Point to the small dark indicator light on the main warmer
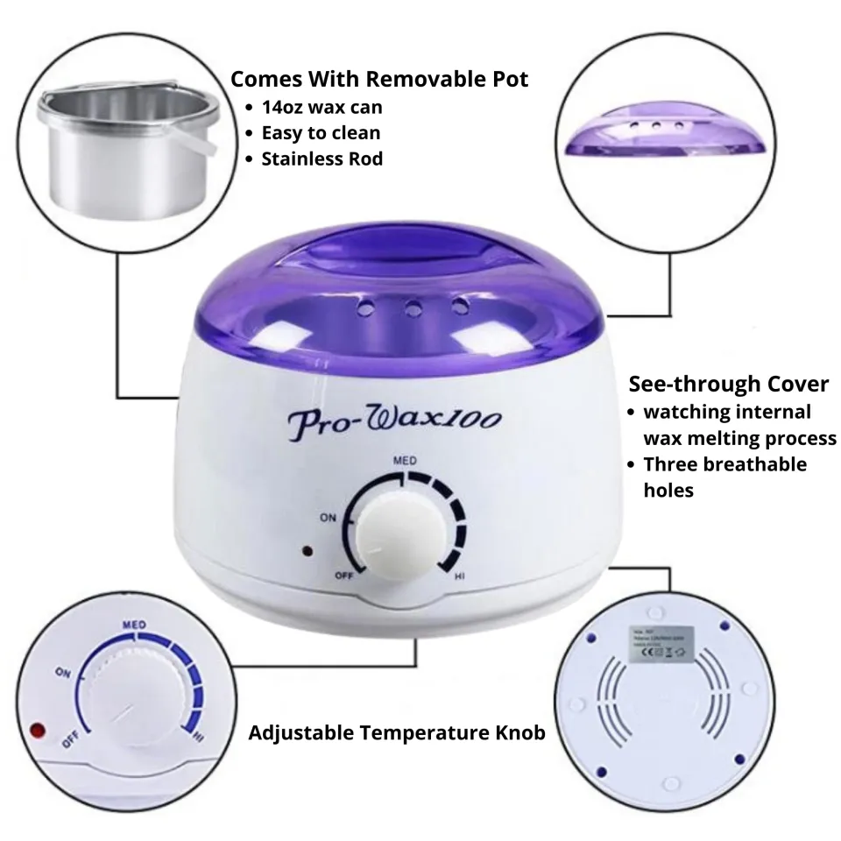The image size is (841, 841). tap(307, 552)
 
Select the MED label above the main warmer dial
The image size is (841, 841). tap(404, 460)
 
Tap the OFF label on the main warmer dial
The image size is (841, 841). tap(343, 576)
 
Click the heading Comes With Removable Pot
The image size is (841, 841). tap(378, 80)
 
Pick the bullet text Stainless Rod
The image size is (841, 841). tap(322, 159)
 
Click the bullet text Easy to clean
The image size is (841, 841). tap(320, 133)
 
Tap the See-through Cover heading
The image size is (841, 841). tap(728, 384)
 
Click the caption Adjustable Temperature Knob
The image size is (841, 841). tap(397, 732)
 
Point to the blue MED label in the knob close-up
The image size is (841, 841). tap(134, 624)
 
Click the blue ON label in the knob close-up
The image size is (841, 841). tap(62, 674)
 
